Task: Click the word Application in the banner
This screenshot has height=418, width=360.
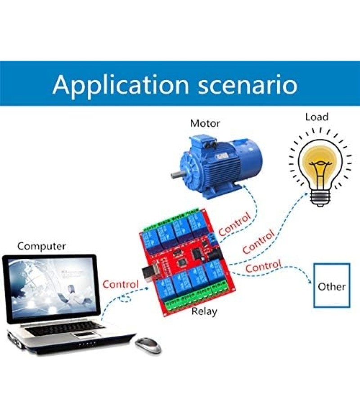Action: pos(121,85)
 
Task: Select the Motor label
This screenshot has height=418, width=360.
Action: pos(205,123)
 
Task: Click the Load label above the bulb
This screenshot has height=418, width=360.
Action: pos(317,117)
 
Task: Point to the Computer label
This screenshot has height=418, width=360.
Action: pos(41,246)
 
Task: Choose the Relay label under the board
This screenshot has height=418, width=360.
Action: pos(204,311)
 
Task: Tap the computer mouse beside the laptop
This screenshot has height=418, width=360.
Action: pos(148,345)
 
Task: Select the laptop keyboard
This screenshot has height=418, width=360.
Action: pos(64,329)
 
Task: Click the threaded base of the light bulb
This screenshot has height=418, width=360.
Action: pos(320,198)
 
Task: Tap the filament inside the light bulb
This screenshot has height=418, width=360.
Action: pos(320,171)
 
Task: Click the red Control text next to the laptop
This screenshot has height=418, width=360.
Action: pos(121,284)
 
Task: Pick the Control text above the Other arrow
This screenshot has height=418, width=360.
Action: pos(263,266)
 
